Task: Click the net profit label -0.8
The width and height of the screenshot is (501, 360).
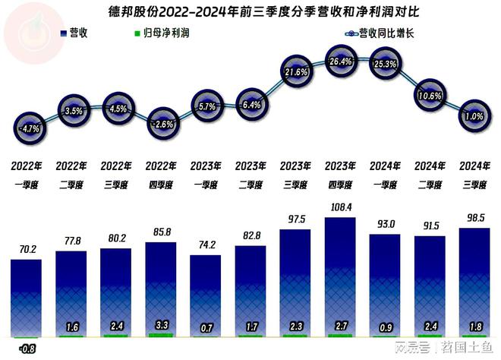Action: pyautogui.click(x=27, y=349)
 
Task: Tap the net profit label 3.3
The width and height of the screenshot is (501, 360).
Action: pyautogui.click(x=161, y=324)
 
